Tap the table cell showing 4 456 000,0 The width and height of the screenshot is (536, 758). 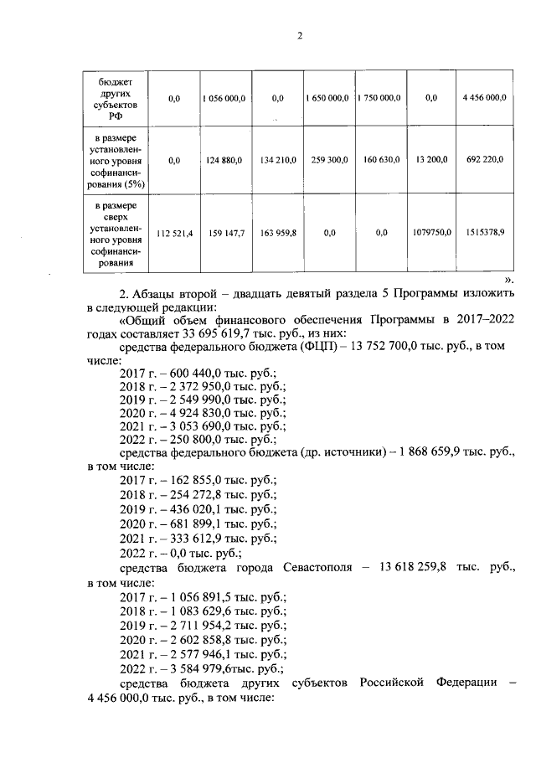point(483,99)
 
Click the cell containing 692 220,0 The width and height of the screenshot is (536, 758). point(483,159)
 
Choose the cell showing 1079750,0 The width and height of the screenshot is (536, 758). point(431,234)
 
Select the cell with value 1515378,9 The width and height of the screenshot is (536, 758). point(483,234)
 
